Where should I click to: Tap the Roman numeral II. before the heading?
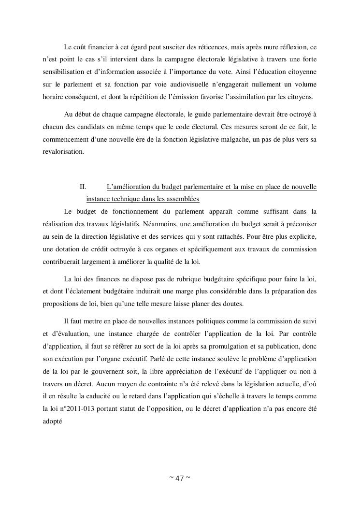tap(83, 187)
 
